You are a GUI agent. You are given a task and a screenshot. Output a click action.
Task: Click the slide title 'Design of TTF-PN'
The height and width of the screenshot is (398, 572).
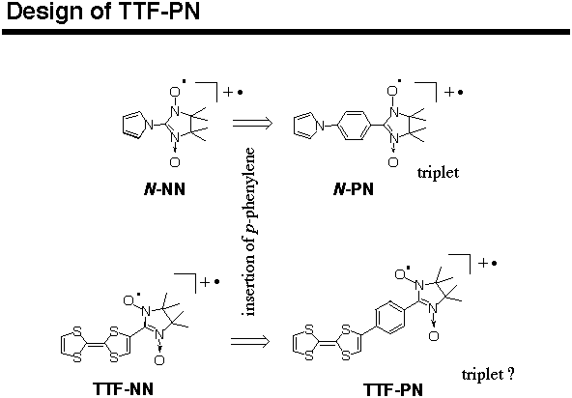tap(103, 12)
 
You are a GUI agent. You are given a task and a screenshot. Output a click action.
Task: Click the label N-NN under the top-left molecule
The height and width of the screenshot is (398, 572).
tap(165, 189)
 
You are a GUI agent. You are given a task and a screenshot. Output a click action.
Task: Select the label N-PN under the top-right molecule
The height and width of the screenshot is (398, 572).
tap(354, 189)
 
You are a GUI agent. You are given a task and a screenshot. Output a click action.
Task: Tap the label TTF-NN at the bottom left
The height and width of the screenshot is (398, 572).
tap(123, 389)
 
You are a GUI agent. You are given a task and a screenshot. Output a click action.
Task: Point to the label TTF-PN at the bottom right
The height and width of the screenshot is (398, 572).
tap(393, 389)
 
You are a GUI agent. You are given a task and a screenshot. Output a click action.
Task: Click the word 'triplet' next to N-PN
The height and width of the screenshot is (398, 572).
tap(438, 173)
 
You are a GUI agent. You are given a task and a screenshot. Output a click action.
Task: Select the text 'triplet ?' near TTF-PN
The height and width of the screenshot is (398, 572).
tap(488, 374)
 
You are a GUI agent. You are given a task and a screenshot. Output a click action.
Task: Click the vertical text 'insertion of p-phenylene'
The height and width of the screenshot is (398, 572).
tap(250, 232)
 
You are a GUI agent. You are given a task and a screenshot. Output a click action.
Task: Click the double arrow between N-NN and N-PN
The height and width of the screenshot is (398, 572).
tap(252, 123)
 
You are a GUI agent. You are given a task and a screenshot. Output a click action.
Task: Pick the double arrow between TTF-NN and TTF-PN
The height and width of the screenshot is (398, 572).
tap(250, 341)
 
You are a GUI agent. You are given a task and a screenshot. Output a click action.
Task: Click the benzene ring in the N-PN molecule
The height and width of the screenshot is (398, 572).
tap(356, 126)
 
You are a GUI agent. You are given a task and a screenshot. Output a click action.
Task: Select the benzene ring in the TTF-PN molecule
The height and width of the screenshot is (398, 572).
tap(389, 318)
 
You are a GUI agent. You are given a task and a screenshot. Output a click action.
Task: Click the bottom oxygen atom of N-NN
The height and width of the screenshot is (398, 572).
tap(175, 162)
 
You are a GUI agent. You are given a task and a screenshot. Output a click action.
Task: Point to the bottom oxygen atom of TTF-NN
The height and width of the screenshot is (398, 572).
tap(159, 360)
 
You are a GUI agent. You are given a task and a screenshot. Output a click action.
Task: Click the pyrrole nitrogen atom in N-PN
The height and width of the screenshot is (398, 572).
tap(320, 127)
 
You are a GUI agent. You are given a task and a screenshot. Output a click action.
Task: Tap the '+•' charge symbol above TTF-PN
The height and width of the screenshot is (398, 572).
tap(488, 263)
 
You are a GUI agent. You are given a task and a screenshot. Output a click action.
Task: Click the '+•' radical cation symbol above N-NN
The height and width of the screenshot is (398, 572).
tap(233, 92)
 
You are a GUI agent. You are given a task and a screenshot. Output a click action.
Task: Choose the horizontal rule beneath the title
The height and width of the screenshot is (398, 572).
tap(286, 32)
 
